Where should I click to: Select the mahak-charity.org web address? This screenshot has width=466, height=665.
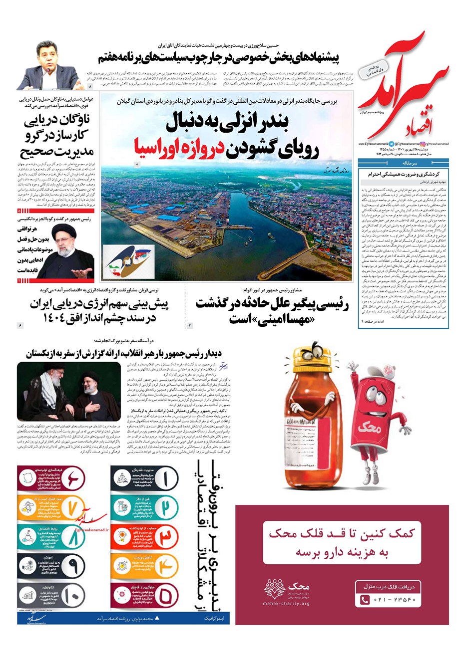(x=286, y=604)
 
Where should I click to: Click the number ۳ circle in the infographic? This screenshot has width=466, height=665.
(x=165, y=538)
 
